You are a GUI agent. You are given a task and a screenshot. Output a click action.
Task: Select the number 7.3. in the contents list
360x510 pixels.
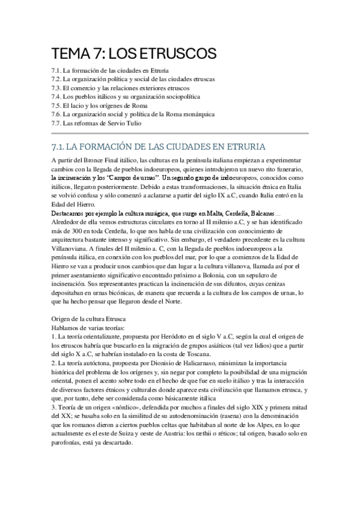tap(58, 88)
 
